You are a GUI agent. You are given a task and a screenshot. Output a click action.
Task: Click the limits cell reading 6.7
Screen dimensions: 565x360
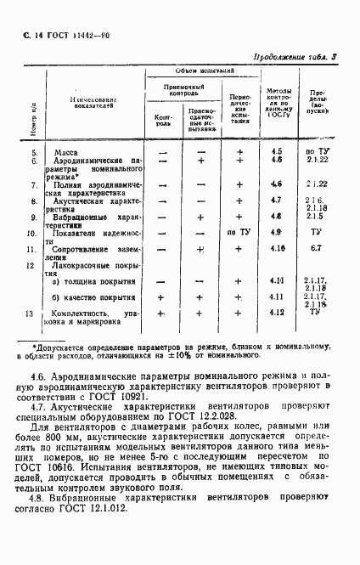pos(315,248)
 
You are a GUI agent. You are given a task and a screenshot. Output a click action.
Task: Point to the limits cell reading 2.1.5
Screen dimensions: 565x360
pos(315,217)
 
